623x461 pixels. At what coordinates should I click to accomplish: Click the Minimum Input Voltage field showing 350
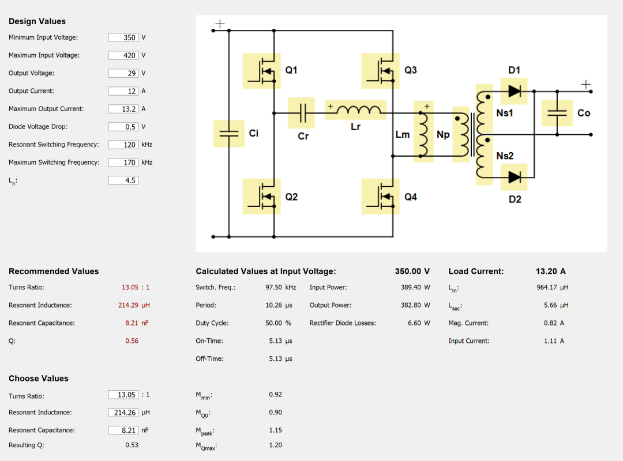pos(123,37)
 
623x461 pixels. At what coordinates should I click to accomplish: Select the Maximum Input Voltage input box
pos(123,55)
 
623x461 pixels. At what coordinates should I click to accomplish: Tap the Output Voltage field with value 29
pos(123,73)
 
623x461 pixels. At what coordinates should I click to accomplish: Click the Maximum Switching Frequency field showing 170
pos(123,163)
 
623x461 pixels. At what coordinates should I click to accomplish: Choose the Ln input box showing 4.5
pos(123,180)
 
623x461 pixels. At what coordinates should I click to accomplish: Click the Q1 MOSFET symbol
pos(262,71)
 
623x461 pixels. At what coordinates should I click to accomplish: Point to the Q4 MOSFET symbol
pos(381,197)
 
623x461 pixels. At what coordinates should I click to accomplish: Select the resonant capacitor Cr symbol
pos(301,113)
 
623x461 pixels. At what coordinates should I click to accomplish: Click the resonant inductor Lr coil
pos(355,109)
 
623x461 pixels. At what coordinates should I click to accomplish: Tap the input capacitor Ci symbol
pos(229,134)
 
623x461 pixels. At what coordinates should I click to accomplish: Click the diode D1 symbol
pos(514,91)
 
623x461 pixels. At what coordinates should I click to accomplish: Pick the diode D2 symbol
pos(514,177)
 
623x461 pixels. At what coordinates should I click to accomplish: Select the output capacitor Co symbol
pos(557,113)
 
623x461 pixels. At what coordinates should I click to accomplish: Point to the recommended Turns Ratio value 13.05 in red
pos(130,287)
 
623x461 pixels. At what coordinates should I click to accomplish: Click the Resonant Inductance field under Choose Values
pos(123,413)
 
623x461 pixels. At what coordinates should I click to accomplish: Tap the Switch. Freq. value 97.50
pos(274,287)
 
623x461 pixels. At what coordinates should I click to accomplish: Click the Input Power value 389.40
pos(411,287)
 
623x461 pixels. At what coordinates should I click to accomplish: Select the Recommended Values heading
pos(54,271)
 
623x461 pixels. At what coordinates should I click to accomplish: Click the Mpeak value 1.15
pos(275,430)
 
